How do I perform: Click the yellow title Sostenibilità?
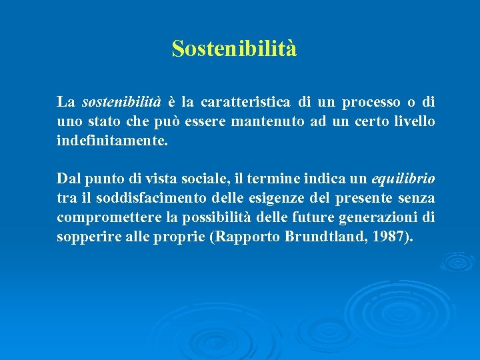(x=234, y=49)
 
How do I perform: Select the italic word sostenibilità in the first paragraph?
(x=121, y=103)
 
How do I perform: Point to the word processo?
(x=371, y=103)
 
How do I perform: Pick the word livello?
(x=416, y=122)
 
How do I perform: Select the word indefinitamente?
(x=113, y=141)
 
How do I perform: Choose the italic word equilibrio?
(x=402, y=179)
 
